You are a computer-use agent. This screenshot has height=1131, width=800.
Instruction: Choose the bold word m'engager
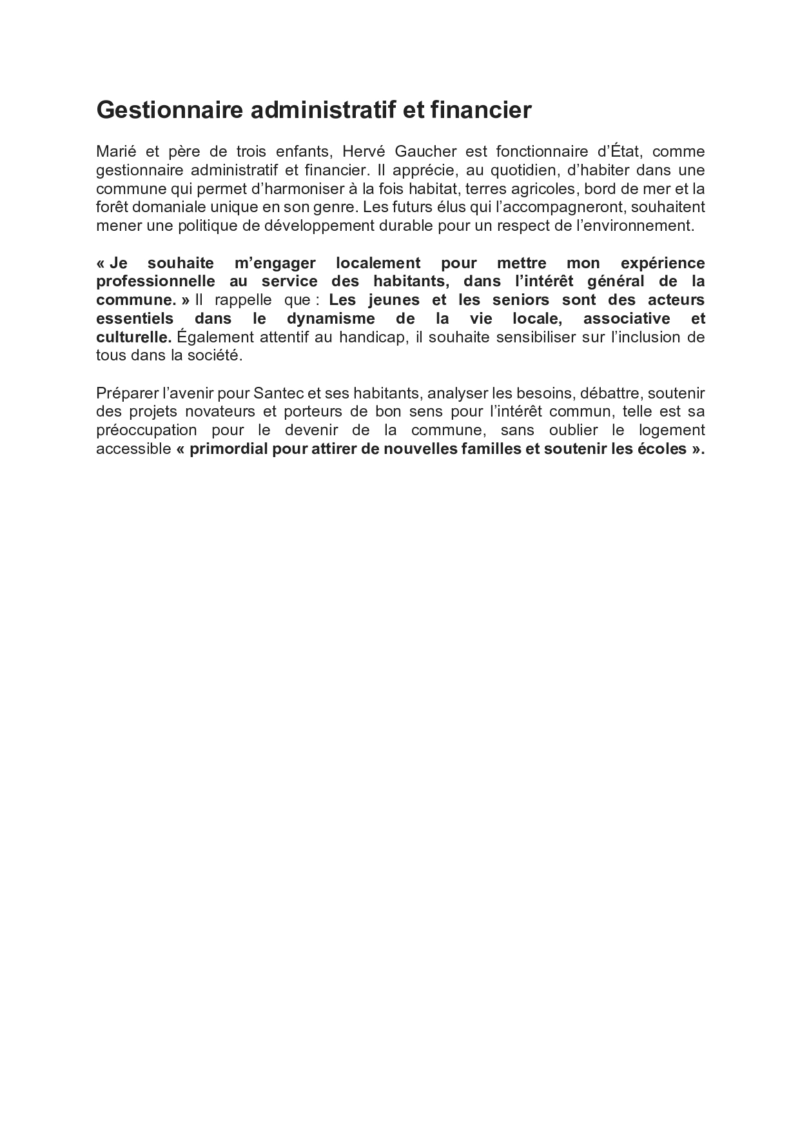[271, 263]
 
